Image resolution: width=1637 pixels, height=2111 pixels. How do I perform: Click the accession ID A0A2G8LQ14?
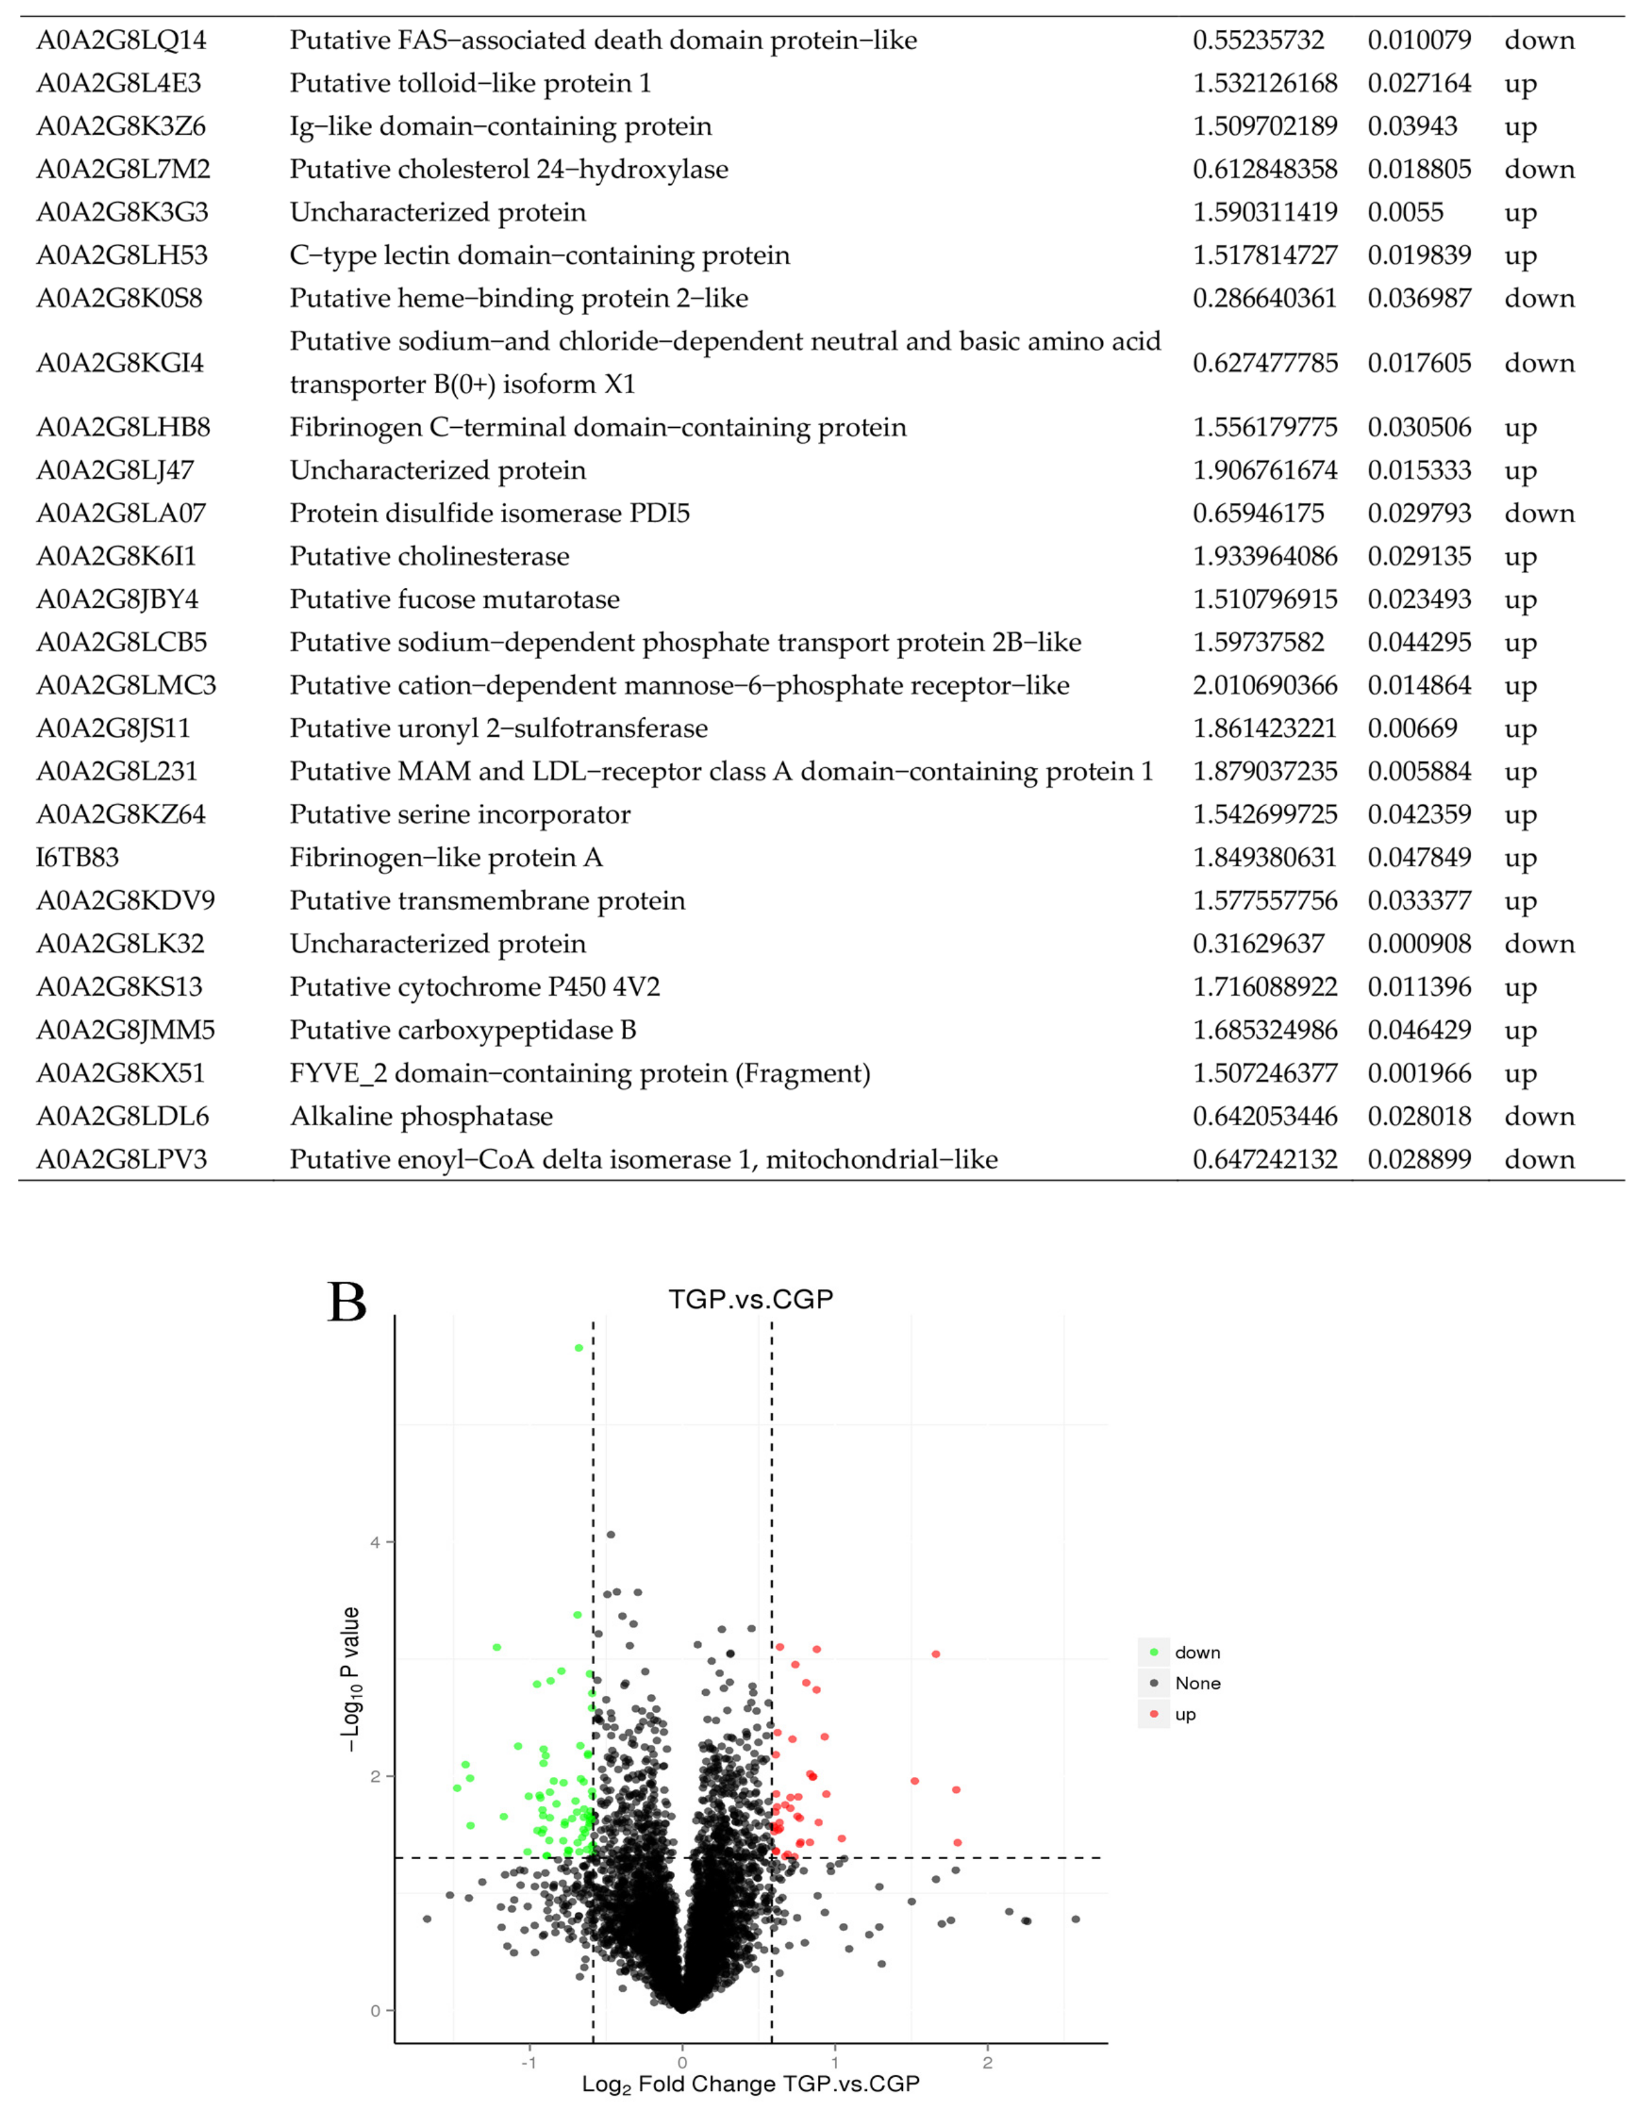point(121,41)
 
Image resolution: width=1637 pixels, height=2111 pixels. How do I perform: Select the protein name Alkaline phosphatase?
point(422,1117)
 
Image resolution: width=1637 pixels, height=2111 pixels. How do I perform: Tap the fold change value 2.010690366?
point(1265,686)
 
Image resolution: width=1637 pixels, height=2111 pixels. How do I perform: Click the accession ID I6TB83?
point(77,858)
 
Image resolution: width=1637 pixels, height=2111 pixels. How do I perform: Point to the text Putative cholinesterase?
point(429,557)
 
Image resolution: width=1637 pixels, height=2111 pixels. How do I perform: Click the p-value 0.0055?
point(1405,213)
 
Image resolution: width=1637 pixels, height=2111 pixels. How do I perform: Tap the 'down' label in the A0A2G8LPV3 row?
point(1539,1160)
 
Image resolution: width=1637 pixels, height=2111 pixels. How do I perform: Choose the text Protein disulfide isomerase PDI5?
point(489,513)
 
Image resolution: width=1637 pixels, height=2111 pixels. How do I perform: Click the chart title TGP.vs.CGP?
point(750,1298)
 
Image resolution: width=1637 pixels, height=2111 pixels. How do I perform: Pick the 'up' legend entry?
point(1185,1714)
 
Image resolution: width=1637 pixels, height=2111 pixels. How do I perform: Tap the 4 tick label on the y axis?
point(375,1542)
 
